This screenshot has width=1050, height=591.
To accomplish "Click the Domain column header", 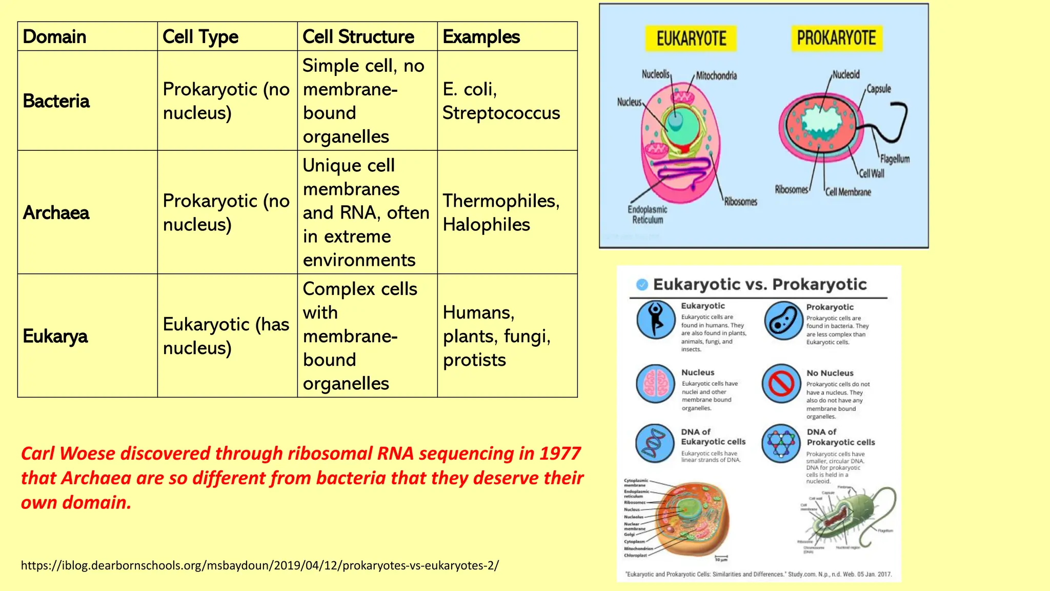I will tap(54, 37).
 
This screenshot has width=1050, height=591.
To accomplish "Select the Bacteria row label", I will tap(56, 101).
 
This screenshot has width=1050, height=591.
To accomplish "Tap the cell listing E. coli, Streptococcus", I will tap(501, 101).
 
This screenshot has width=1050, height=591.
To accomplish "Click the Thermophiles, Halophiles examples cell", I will tap(501, 212).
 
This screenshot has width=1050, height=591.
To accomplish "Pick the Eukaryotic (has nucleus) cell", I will tap(226, 336).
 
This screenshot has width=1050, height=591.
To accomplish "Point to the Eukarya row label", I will tap(55, 337).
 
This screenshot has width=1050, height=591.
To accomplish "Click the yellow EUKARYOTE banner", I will tap(691, 39).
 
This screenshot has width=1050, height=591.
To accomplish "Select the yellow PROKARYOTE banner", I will tap(836, 38).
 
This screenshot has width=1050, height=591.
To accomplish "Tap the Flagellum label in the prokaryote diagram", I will tap(895, 159).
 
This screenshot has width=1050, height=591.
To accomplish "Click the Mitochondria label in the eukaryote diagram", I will tap(716, 76).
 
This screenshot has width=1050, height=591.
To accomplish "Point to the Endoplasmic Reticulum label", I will tap(648, 214).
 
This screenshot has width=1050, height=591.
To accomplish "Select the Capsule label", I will tap(878, 89).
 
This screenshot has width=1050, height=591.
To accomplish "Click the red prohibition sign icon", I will tap(781, 383).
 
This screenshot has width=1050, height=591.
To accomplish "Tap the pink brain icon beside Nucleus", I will tap(655, 383).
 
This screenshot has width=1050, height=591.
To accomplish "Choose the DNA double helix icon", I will tap(655, 443).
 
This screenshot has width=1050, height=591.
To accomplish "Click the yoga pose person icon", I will tap(655, 320).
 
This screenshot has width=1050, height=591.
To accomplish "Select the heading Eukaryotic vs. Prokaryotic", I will tap(759, 285).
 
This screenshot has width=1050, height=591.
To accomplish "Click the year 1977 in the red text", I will tap(560, 454).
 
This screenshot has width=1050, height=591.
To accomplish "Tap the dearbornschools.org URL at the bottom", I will tap(259, 565).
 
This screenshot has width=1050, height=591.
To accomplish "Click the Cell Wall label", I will tap(872, 173).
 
